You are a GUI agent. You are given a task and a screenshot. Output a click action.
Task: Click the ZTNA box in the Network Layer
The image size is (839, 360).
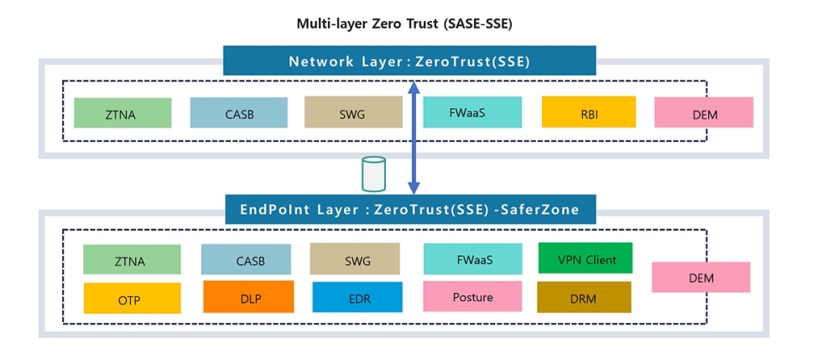[122, 113]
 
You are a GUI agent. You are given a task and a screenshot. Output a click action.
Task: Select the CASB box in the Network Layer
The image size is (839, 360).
[238, 112]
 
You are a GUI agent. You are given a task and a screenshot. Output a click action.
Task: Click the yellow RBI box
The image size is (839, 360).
[588, 112]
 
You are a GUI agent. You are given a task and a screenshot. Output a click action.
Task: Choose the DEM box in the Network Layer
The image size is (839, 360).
[703, 112]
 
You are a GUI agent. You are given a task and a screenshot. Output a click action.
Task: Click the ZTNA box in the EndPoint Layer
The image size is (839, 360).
[132, 259]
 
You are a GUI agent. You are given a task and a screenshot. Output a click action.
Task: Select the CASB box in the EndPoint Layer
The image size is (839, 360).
[246, 259]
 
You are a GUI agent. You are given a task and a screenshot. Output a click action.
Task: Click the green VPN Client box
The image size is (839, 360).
[585, 258]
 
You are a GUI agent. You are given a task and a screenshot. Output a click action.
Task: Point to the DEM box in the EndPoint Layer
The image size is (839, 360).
[701, 277]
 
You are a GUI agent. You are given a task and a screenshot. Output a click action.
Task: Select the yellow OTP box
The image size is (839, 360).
[132, 298]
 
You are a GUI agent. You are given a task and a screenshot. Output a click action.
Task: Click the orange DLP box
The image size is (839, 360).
[248, 296]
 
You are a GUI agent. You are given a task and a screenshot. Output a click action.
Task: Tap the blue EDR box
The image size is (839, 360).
[357, 297]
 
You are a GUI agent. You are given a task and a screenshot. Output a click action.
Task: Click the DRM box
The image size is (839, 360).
[584, 297]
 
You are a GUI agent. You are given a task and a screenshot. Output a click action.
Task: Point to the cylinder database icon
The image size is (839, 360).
[373, 174]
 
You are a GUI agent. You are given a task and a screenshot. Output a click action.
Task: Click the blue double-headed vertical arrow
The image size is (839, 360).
[413, 138]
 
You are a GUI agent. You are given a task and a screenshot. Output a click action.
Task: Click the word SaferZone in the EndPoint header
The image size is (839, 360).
[541, 210]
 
